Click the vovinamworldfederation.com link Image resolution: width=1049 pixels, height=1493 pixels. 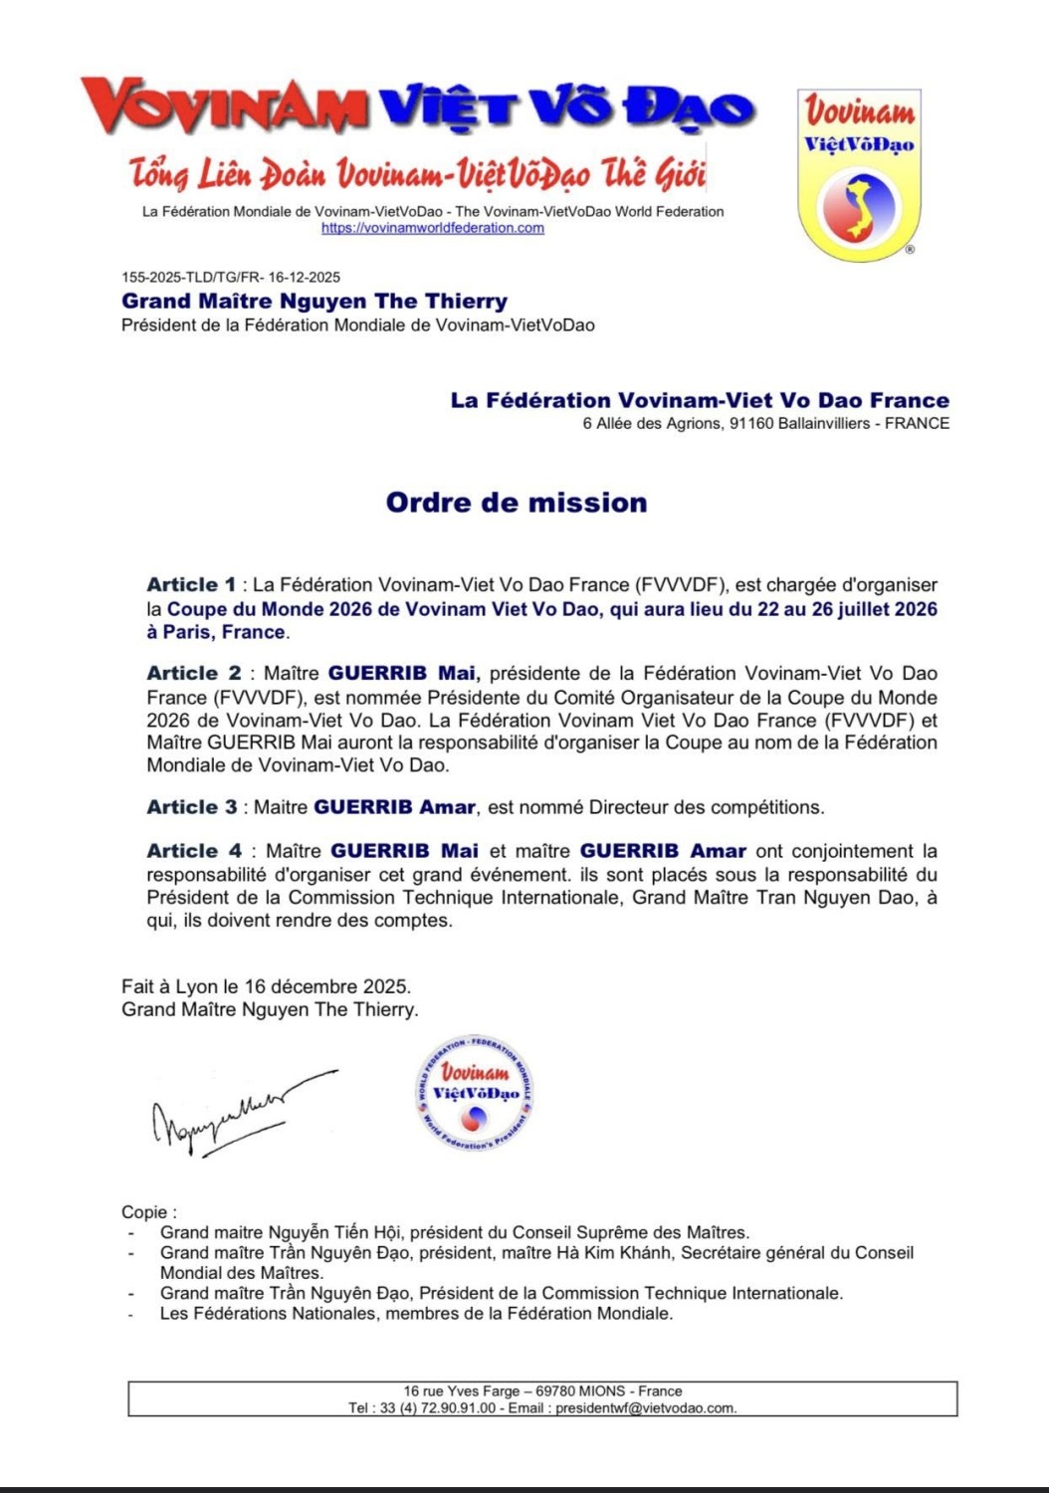click(432, 228)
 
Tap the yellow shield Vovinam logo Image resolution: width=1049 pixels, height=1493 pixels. click(859, 175)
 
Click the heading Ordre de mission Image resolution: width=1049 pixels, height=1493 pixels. click(517, 503)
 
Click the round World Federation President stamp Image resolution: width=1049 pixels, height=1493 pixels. click(474, 1093)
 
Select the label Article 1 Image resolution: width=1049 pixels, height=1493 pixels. click(191, 585)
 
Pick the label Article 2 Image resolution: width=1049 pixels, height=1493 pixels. click(193, 674)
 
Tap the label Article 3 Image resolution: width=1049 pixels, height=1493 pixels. click(191, 807)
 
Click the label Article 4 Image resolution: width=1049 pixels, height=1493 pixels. click(193, 851)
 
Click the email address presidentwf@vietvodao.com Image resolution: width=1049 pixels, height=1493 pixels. click(645, 1408)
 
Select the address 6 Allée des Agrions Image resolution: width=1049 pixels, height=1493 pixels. click(652, 424)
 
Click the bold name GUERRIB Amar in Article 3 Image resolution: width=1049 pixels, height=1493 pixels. click(394, 807)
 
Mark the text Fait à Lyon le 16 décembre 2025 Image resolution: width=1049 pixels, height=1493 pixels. click(266, 986)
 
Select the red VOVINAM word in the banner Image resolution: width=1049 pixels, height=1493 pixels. click(224, 107)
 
